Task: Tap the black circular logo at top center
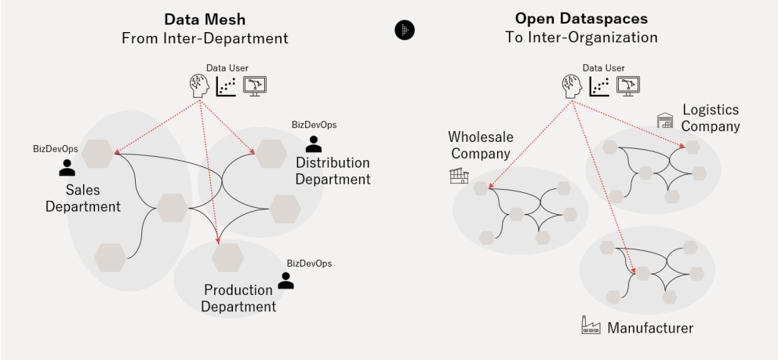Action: (404, 30)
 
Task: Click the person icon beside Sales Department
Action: (67, 167)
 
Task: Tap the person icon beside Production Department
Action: (286, 280)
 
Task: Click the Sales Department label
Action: (82, 198)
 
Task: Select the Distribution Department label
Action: (333, 171)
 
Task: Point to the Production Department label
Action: (238, 298)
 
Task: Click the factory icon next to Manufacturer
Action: (591, 326)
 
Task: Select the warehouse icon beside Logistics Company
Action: (666, 119)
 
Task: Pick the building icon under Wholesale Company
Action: (459, 176)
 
